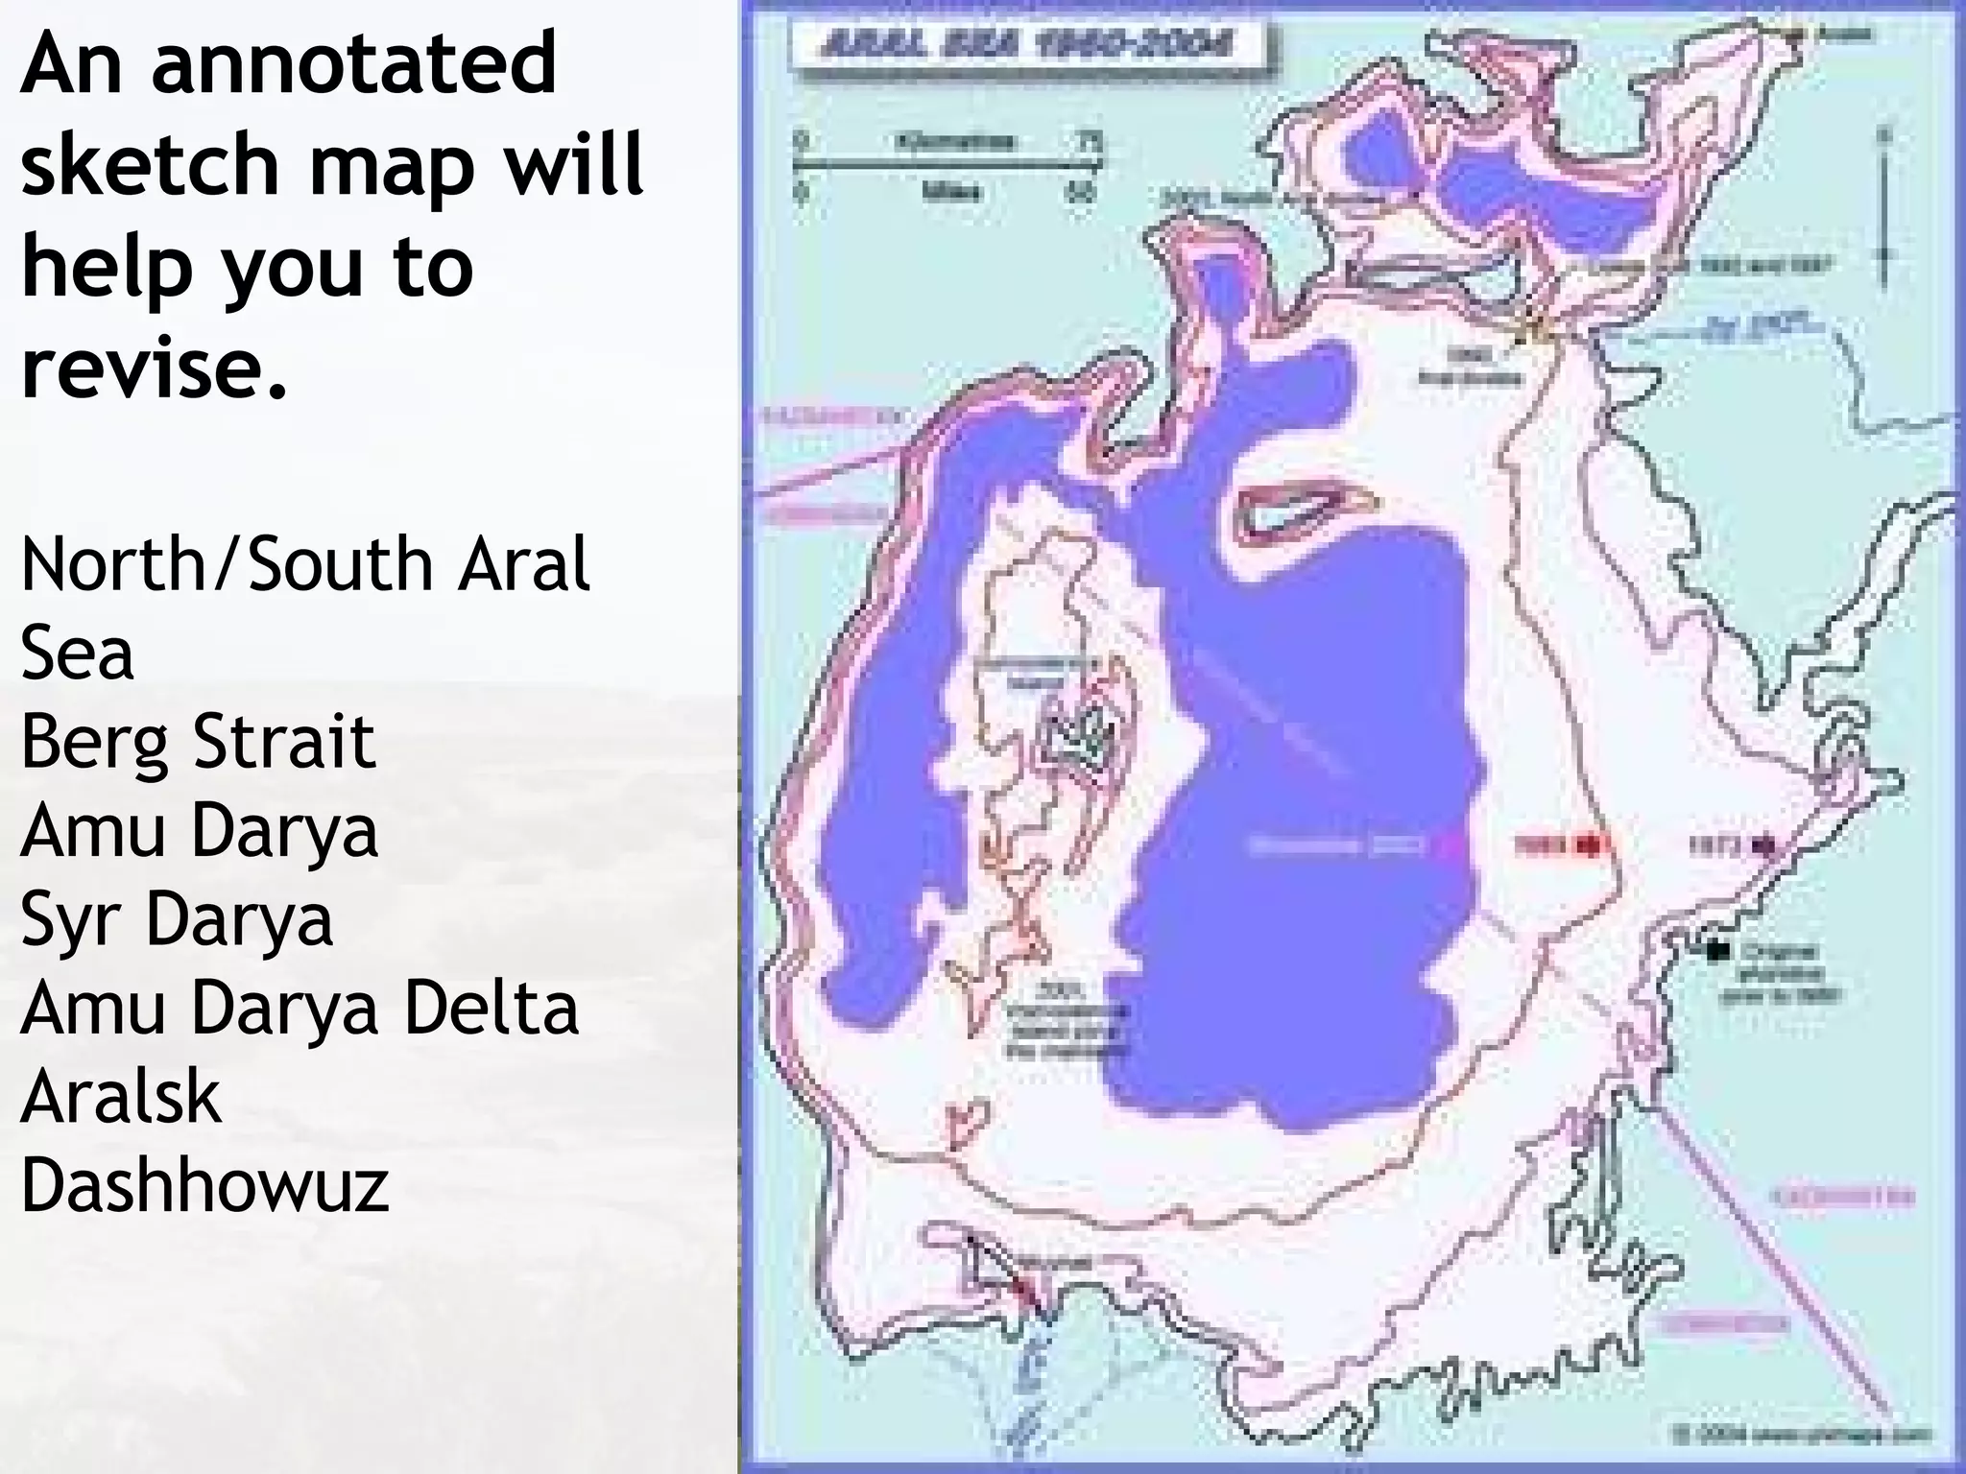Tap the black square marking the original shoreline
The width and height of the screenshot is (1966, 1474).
pyautogui.click(x=1717, y=950)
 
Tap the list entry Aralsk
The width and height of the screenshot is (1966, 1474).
pyautogui.click(x=121, y=1097)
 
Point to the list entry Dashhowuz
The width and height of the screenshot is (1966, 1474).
pyautogui.click(x=204, y=1186)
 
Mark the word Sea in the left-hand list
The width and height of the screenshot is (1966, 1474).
pyautogui.click(x=77, y=653)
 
